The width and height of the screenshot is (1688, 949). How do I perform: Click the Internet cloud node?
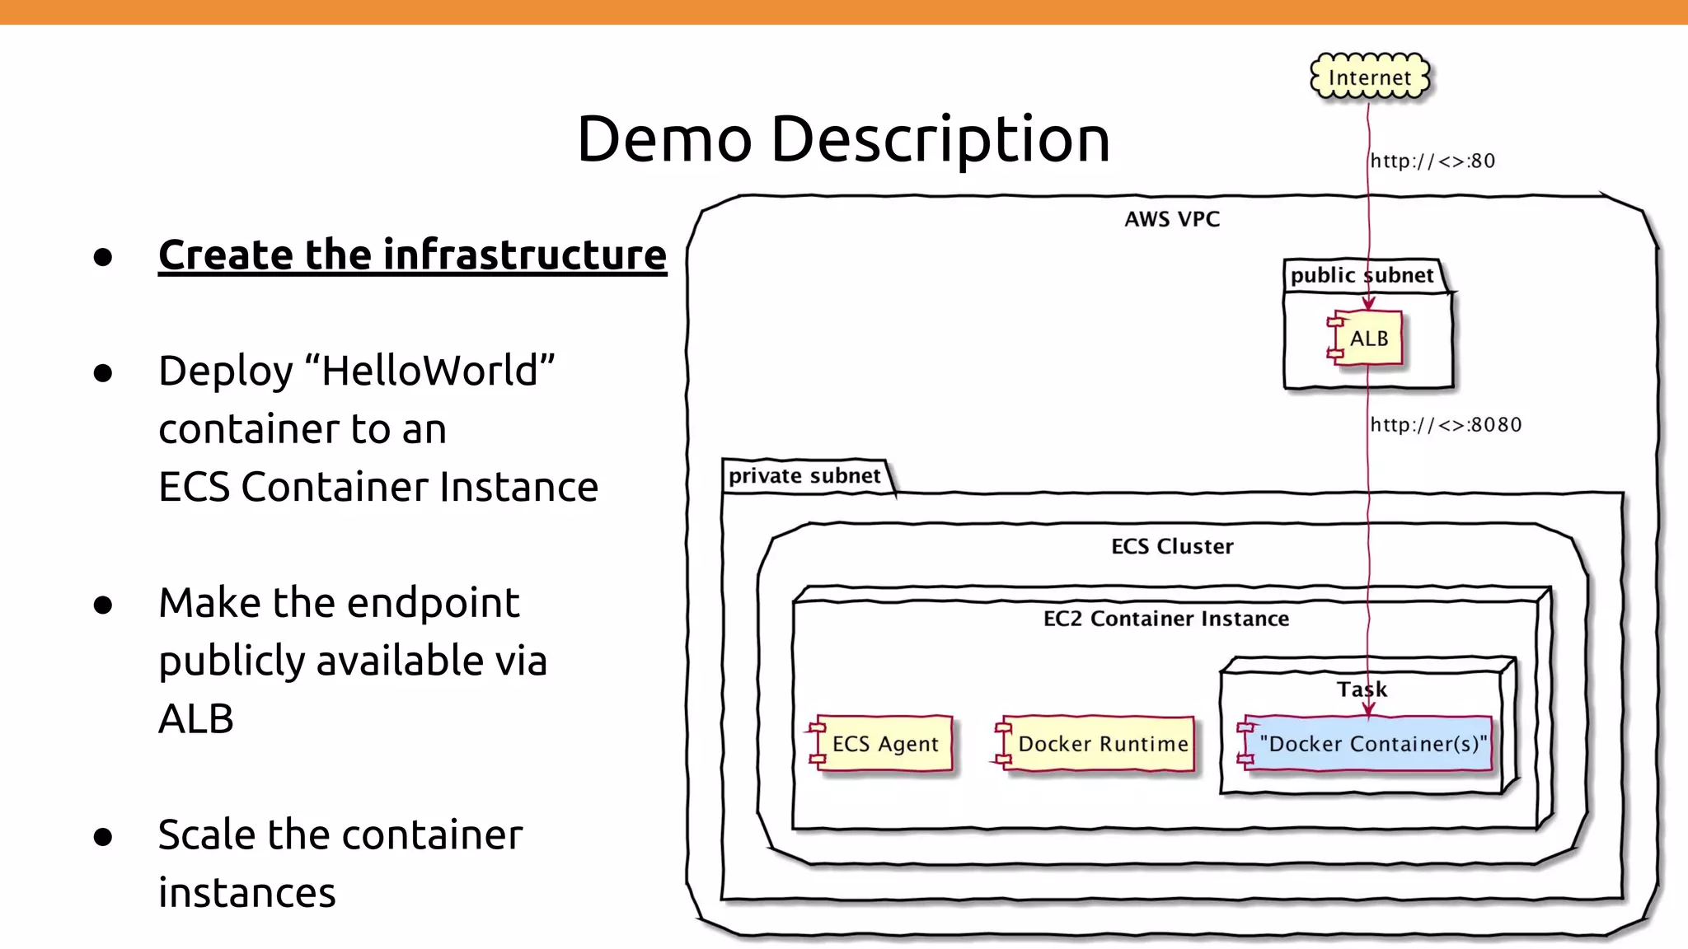click(x=1369, y=77)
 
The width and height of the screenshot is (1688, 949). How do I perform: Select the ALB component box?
click(x=1368, y=339)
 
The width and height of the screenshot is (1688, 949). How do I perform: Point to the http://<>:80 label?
click(x=1432, y=161)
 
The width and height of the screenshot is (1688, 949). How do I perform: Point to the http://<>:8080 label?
click(x=1446, y=425)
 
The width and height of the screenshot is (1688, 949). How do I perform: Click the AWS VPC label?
click(x=1172, y=219)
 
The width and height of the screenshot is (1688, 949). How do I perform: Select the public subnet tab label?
click(x=1362, y=275)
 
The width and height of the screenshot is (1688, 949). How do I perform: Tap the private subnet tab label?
click(x=804, y=476)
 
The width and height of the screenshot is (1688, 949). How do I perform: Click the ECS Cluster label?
click(x=1172, y=546)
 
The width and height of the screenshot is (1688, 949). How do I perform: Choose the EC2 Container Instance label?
click(x=1166, y=619)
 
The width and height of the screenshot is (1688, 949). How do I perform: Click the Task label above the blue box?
click(x=1362, y=690)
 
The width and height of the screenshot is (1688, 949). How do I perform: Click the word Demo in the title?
click(x=664, y=138)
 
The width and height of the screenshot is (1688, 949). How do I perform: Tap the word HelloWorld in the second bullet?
click(x=429, y=371)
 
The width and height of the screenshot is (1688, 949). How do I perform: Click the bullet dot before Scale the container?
click(x=103, y=837)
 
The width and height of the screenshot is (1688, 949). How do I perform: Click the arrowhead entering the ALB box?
click(x=1368, y=305)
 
